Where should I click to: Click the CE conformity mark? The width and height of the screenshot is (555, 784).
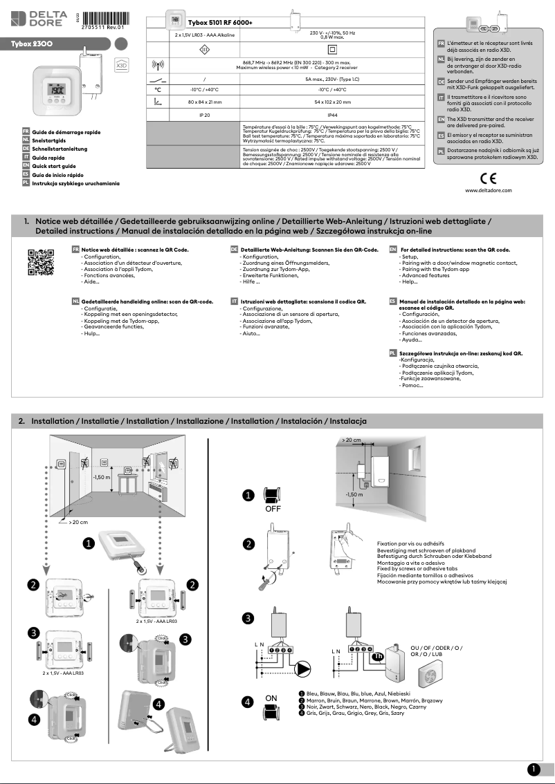488,177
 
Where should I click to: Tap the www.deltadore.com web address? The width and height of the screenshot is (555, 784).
488,189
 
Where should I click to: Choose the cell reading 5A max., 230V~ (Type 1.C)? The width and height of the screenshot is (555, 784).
332,80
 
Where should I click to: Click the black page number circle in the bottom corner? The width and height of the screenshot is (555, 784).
533,769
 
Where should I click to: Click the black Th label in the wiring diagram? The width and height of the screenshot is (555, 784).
378,657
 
